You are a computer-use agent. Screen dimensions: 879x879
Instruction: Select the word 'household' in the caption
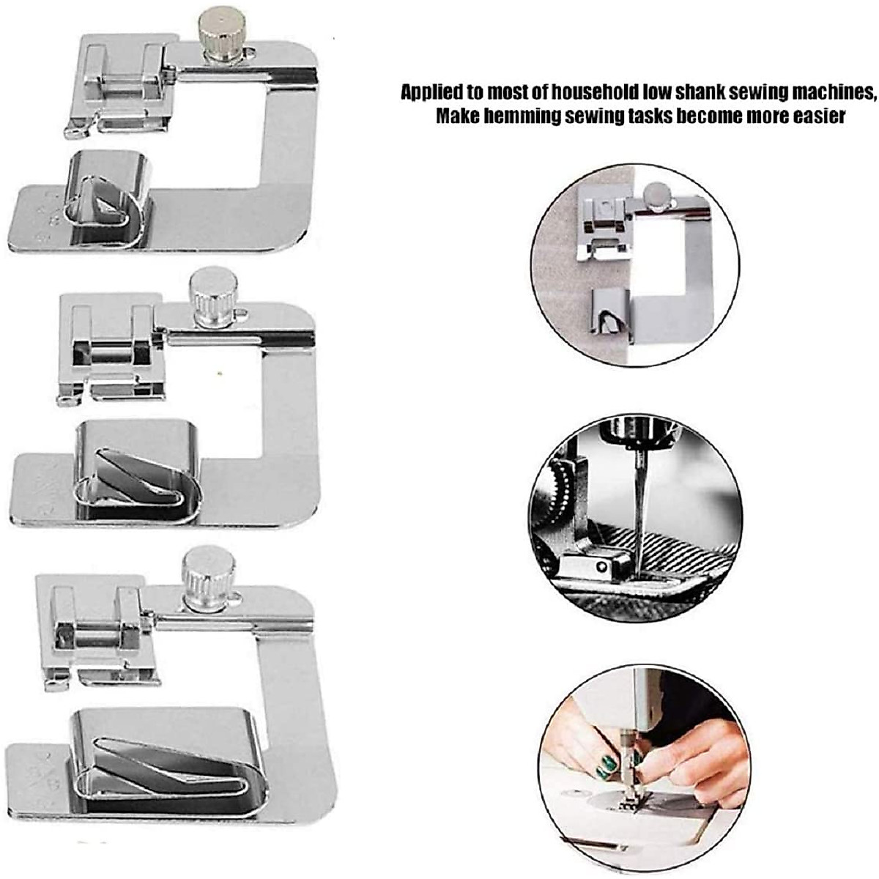[591, 93]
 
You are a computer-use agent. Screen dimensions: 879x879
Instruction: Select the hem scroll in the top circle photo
[607, 314]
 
